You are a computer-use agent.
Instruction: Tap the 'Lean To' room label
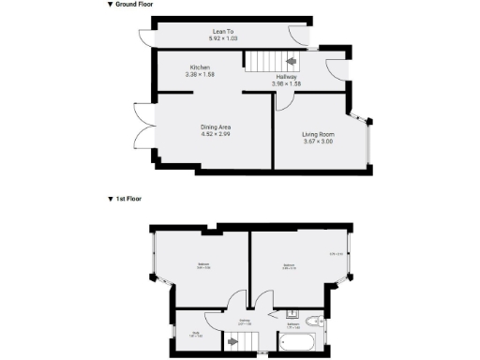(x=222, y=32)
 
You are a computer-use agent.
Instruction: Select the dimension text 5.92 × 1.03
(x=222, y=39)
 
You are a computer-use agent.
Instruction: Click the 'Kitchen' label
(x=200, y=67)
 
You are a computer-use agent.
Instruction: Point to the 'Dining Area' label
(x=216, y=127)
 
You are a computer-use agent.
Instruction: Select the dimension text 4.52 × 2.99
(x=216, y=134)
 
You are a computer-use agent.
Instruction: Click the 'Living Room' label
(x=318, y=134)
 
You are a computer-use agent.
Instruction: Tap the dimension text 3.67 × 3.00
(x=318, y=142)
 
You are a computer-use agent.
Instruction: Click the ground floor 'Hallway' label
(x=287, y=77)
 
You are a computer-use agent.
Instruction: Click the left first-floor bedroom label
(x=203, y=265)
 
